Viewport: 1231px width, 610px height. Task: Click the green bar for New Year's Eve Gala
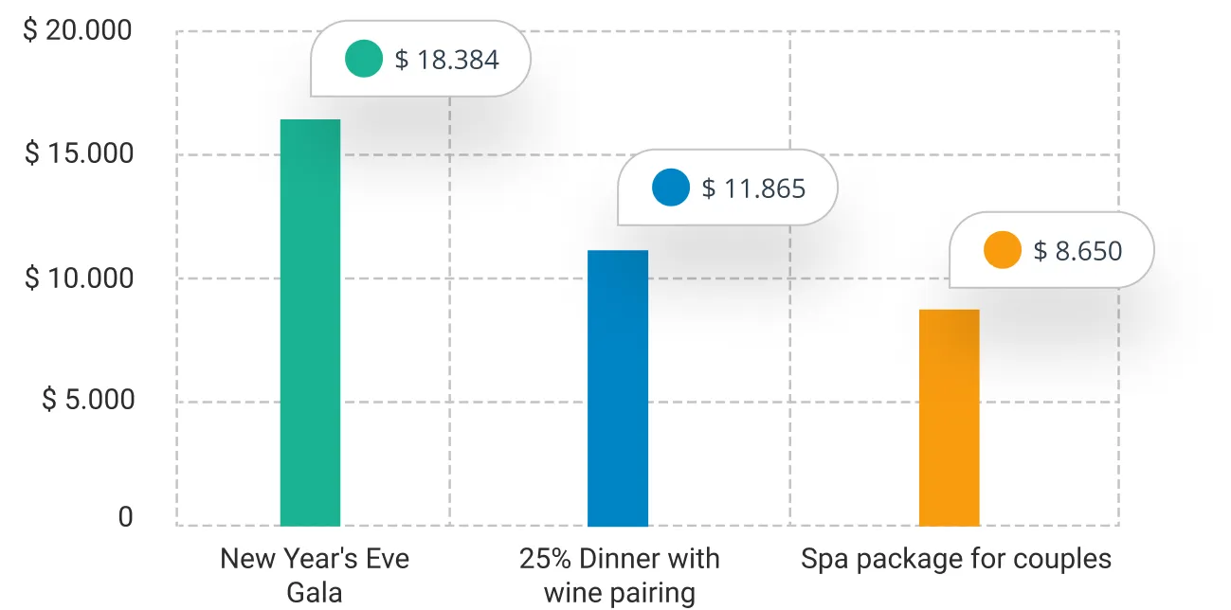tap(310, 322)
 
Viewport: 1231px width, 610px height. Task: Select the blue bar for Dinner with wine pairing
tap(618, 388)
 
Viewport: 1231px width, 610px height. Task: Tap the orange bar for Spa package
tap(949, 417)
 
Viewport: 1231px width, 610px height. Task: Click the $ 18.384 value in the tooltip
tap(446, 60)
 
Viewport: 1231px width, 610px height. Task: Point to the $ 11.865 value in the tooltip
tap(753, 188)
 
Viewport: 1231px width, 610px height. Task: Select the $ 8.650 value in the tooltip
tap(1077, 251)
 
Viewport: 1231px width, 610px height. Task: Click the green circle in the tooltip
tap(364, 59)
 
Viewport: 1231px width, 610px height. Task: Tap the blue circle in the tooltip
tap(671, 188)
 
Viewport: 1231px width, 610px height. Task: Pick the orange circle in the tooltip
tap(1003, 250)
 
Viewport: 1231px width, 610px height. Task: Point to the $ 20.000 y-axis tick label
tap(78, 31)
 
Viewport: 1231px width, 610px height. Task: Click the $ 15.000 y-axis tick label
tap(78, 154)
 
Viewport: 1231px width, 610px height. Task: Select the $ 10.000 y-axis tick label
tap(78, 278)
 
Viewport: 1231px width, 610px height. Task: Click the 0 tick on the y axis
tap(125, 517)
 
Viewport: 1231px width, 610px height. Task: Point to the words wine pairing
tap(619, 594)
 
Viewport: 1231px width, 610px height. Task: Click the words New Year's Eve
tap(314, 558)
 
